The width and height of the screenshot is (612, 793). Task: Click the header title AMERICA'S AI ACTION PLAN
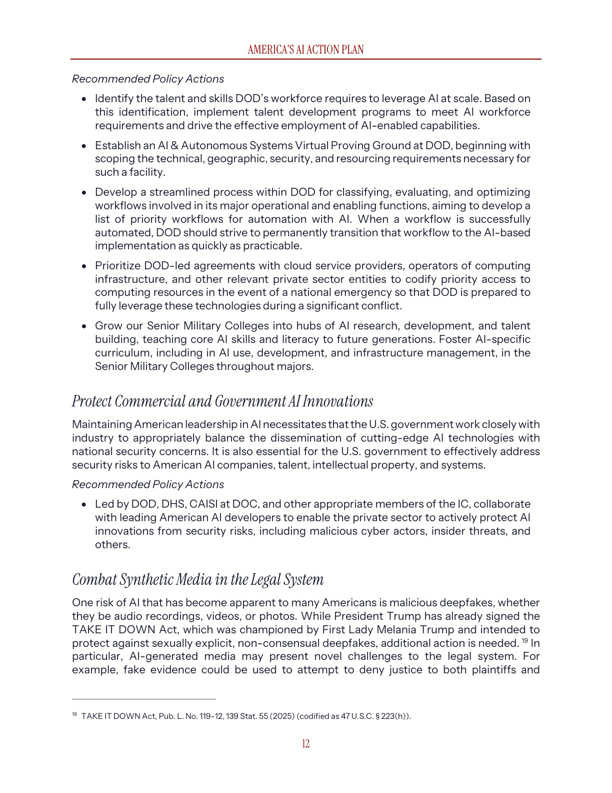pos(305,50)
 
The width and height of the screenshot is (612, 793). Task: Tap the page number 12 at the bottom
pos(305,743)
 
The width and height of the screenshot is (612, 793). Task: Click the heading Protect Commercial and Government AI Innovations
pos(222,402)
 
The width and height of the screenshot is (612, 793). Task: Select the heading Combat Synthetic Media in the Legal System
pos(198,579)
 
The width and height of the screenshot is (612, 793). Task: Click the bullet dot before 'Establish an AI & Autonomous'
pos(84,146)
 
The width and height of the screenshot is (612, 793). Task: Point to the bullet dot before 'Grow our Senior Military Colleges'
pos(84,326)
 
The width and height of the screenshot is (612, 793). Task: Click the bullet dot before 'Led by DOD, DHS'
pos(84,505)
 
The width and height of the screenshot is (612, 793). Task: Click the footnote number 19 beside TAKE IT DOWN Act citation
pos(74,714)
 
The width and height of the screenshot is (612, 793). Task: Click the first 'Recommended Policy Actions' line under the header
pos(148,79)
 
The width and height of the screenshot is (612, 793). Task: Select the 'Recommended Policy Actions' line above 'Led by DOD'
pos(148,485)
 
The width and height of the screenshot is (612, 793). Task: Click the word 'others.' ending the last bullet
pos(112,545)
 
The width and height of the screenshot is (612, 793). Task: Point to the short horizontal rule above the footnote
pos(144,699)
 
